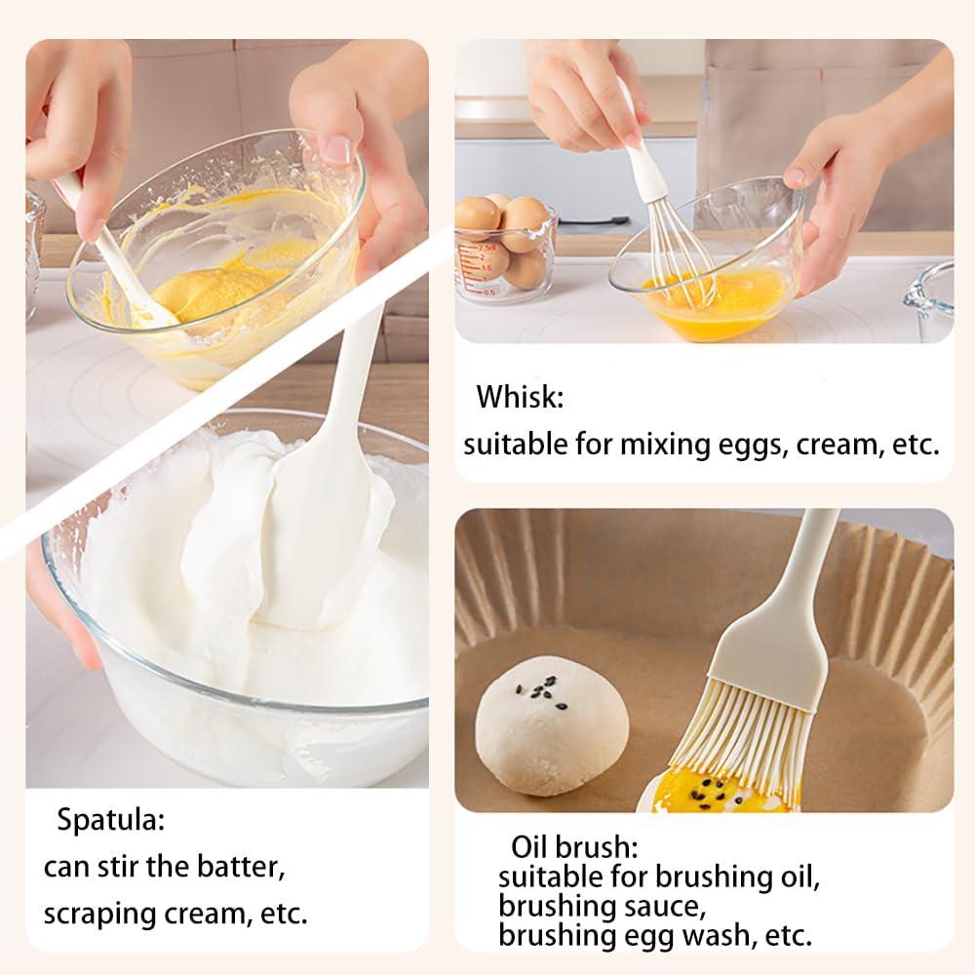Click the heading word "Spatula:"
(110, 820)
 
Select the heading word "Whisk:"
(520, 398)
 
